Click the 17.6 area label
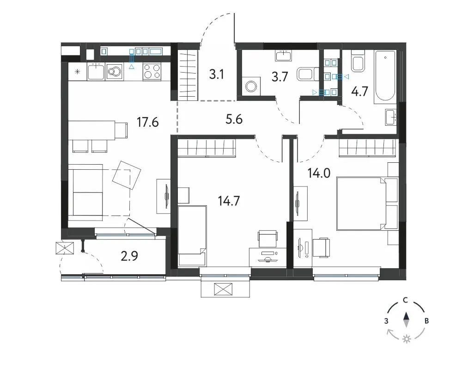(148, 122)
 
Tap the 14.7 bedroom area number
(229, 201)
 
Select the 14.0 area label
(319, 173)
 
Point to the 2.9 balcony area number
(129, 256)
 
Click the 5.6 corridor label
(234, 119)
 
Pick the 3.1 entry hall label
(217, 74)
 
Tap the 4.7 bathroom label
(360, 92)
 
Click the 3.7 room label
(280, 77)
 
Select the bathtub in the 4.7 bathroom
(384, 77)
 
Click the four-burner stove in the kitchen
(152, 72)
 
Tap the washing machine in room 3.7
(252, 86)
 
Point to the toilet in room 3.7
(308, 74)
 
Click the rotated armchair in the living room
(127, 175)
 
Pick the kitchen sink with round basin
(114, 72)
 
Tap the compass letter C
(406, 300)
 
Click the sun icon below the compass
(407, 339)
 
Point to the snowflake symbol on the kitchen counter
(77, 71)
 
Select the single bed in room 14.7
(192, 235)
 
